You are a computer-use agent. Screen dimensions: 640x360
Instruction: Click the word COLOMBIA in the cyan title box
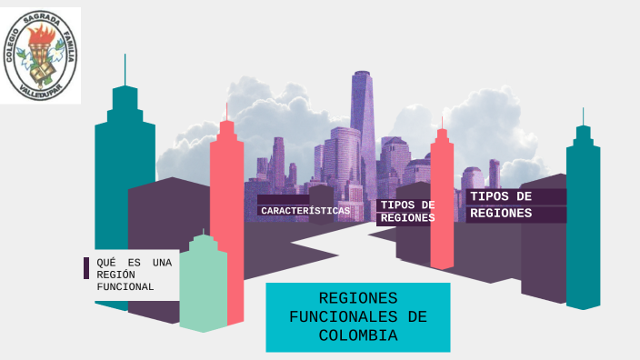click(358, 335)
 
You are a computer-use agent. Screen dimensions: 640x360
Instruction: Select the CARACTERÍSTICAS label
click(305, 211)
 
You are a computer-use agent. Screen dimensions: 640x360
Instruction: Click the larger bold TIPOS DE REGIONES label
click(501, 205)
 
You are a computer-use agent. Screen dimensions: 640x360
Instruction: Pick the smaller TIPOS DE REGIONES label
click(407, 211)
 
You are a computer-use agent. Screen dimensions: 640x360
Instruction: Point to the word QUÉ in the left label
click(106, 263)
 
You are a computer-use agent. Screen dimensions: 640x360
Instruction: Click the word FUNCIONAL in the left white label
click(125, 287)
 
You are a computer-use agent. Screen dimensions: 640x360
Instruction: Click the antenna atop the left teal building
click(125, 69)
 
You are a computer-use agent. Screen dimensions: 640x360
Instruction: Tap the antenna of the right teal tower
click(583, 116)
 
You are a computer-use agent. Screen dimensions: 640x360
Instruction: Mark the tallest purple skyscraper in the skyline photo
click(363, 118)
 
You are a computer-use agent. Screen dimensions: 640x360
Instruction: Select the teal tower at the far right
click(583, 218)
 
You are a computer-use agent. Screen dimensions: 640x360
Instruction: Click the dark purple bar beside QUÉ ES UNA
click(86, 268)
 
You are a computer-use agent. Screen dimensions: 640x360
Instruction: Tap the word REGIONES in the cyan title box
click(358, 298)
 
